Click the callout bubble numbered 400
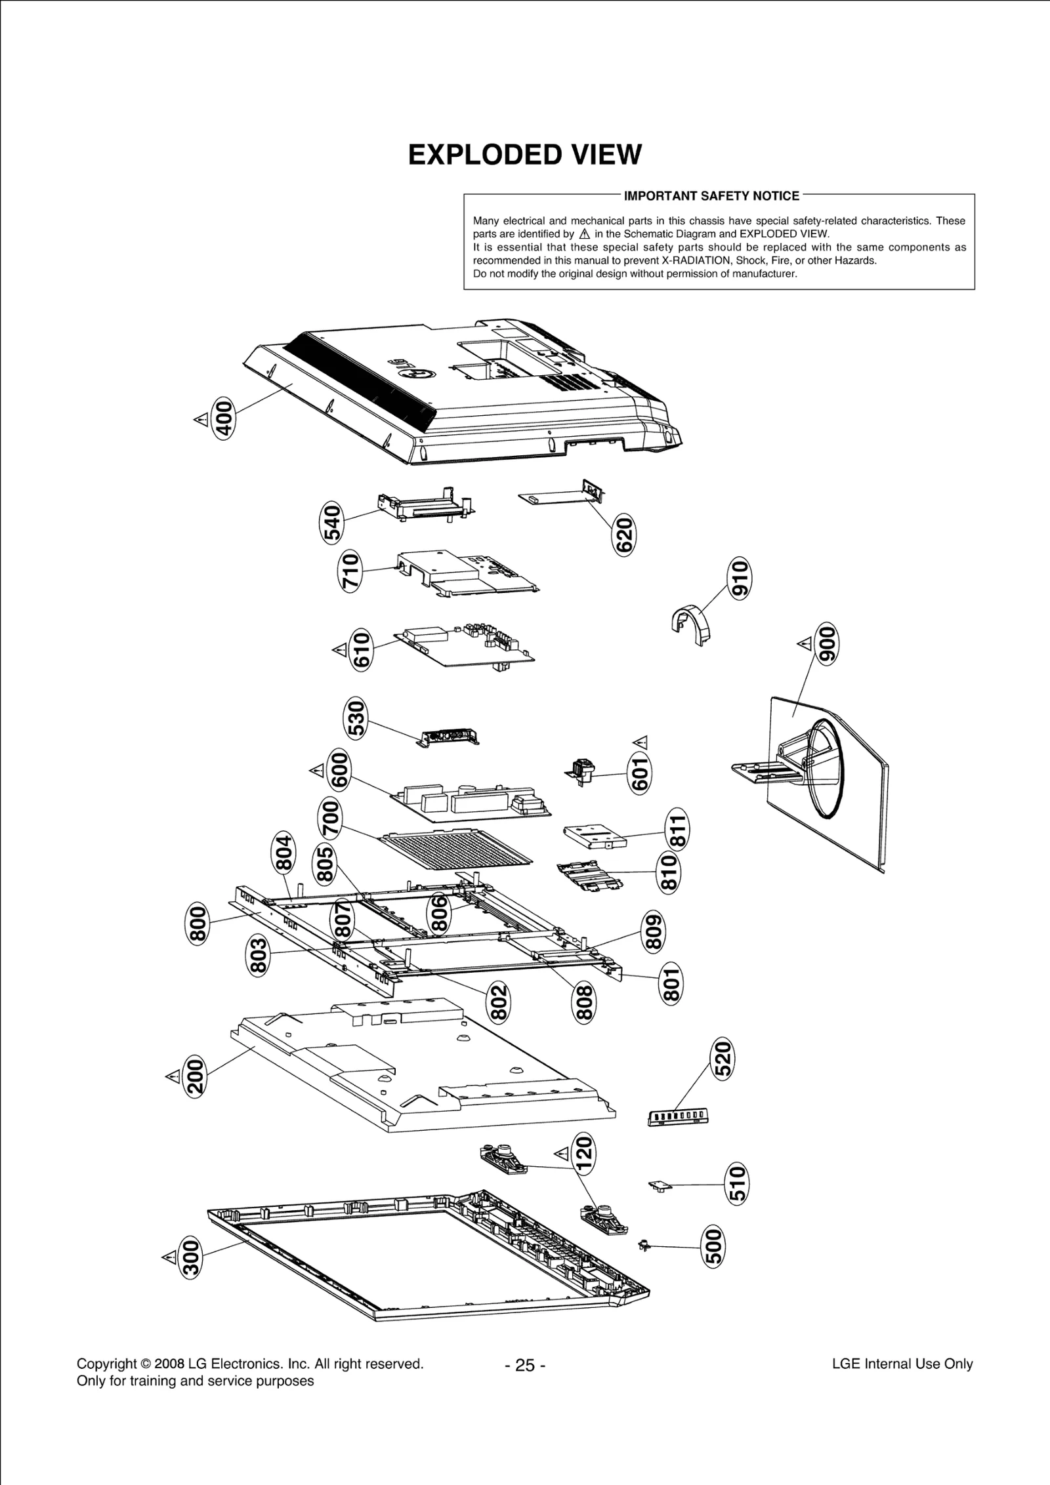pyautogui.click(x=224, y=417)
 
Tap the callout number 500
pyautogui.click(x=714, y=1248)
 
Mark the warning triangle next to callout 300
pyautogui.click(x=169, y=1256)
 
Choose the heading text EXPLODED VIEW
pyautogui.click(x=524, y=155)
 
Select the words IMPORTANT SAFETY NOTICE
pyautogui.click(x=711, y=195)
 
